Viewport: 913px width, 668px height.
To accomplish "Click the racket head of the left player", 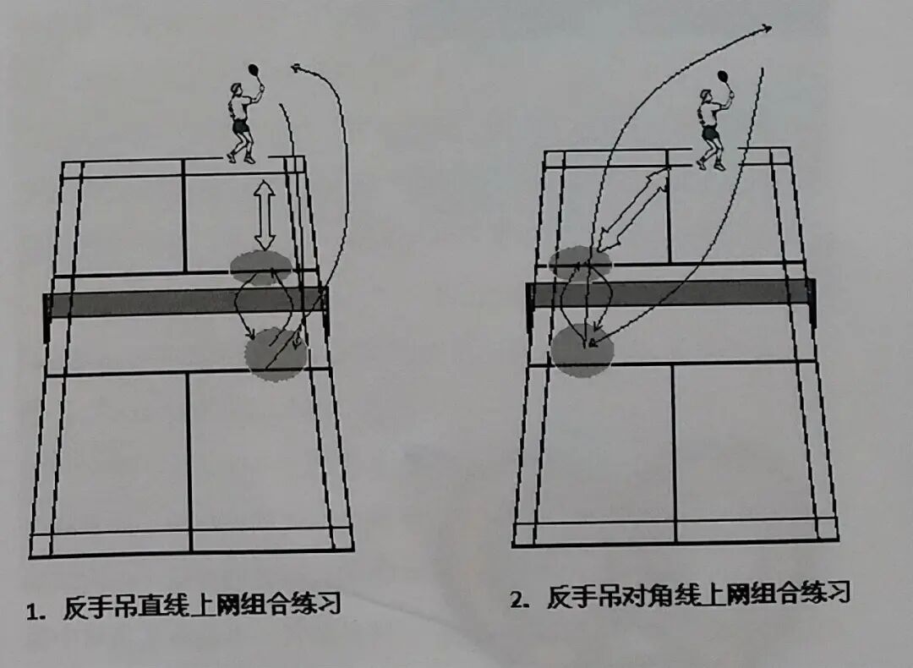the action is pyautogui.click(x=253, y=69).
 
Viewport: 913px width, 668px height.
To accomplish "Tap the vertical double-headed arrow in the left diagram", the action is pyautogui.click(x=265, y=215).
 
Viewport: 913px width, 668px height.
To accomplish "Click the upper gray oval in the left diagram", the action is pyautogui.click(x=261, y=267).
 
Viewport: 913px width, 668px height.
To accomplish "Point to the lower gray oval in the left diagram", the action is pyautogui.click(x=275, y=355).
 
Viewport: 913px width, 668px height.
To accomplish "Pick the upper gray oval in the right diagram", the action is pyautogui.click(x=579, y=263).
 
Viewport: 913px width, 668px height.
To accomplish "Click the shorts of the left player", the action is pyautogui.click(x=241, y=127).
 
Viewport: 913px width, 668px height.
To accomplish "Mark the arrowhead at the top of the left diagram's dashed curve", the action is pyautogui.click(x=294, y=67).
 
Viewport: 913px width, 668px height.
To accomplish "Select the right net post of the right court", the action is pyautogui.click(x=812, y=301).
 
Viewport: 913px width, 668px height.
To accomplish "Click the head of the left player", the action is pyautogui.click(x=236, y=90).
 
